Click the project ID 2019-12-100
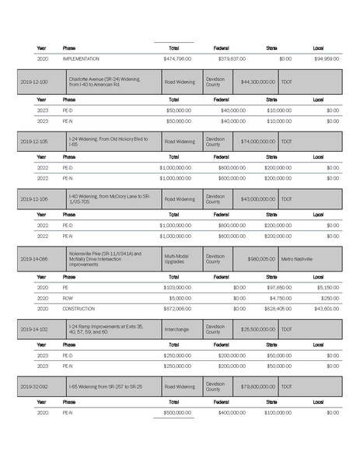(x=33, y=82)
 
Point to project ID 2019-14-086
(x=33, y=258)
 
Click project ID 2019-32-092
(x=33, y=387)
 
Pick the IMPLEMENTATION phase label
(x=80, y=58)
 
